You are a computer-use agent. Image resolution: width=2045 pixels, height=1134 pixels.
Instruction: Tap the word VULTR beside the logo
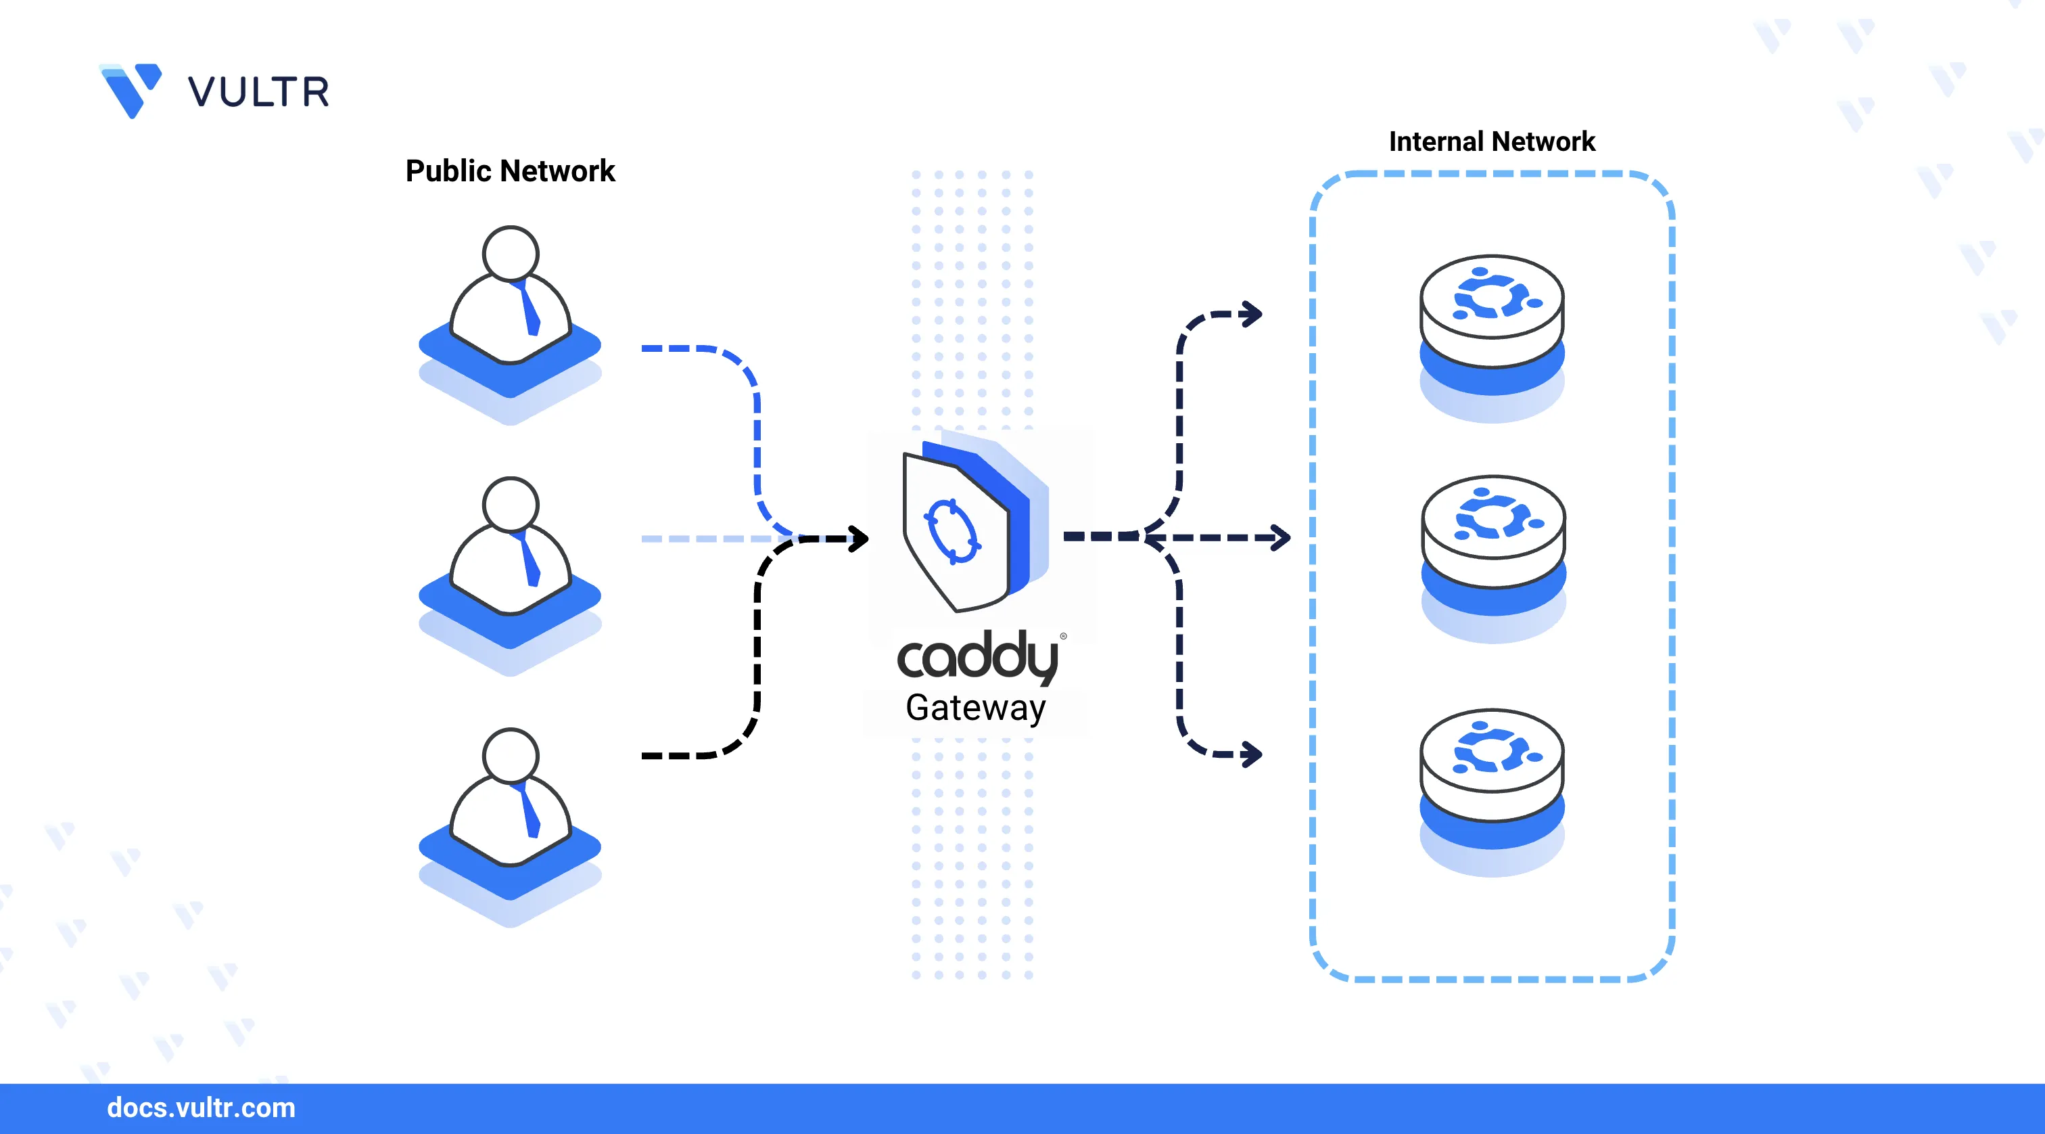[x=258, y=92]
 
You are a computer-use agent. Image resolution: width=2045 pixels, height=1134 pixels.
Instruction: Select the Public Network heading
[x=510, y=171]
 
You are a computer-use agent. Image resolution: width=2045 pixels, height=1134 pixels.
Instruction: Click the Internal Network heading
[x=1491, y=141]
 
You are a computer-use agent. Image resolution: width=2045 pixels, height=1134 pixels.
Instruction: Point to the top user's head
[x=511, y=253]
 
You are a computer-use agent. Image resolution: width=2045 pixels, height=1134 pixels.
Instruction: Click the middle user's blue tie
[x=529, y=562]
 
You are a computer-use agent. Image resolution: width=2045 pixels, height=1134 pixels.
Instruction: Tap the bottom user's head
[x=511, y=755]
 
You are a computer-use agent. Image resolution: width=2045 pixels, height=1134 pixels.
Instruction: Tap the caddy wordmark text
[x=977, y=658]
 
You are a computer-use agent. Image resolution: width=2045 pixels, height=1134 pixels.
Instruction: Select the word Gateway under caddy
[x=976, y=708]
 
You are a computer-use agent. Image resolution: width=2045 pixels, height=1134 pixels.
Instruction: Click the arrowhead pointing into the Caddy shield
[x=858, y=539]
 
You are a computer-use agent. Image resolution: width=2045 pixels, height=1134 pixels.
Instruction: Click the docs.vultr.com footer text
[x=201, y=1108]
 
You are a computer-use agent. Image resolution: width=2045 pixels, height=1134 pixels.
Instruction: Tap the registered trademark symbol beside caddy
[x=1063, y=636]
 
